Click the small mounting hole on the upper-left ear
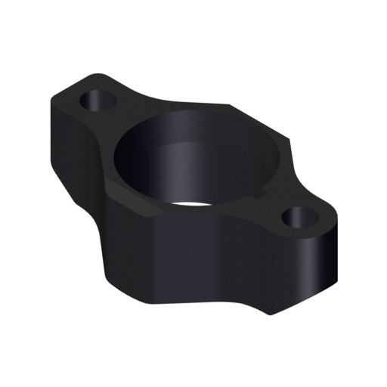coord(98,99)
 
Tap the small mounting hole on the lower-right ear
coord(299,219)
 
